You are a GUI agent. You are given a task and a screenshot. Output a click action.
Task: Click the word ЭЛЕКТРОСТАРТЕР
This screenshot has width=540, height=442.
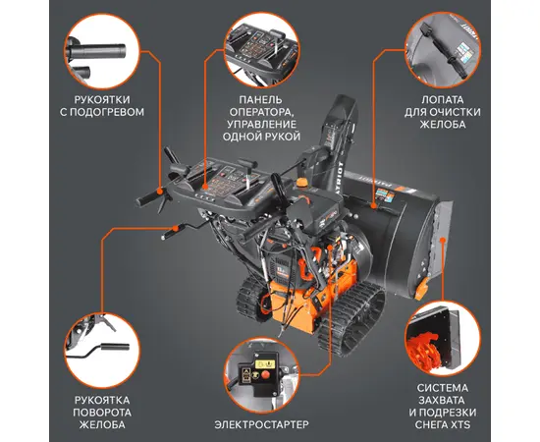coord(262,424)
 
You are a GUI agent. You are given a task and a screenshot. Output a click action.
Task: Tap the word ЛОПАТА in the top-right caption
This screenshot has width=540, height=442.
coord(443,100)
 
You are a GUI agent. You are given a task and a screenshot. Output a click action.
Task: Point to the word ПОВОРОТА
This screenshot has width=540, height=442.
coord(102,413)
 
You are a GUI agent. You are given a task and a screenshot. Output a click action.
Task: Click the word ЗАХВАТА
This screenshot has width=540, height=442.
coord(442,401)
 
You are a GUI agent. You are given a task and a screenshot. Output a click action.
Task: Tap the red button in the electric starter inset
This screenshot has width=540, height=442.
coord(265,375)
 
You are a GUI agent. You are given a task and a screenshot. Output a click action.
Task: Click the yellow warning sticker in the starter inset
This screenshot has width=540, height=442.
coord(265,364)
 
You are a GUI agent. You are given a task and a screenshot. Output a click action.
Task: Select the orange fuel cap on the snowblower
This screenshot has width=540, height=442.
coord(302,183)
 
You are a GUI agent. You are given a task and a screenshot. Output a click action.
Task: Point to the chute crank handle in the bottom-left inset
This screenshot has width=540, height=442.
coord(103,350)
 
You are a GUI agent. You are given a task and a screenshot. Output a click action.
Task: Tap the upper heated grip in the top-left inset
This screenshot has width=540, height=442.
coord(97,51)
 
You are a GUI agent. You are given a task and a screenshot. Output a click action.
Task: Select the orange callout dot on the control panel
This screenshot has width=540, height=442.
coord(205,187)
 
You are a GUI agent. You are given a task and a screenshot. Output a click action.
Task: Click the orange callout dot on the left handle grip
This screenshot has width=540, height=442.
coord(159,192)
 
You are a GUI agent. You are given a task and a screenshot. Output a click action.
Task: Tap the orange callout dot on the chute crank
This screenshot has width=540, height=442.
coord(176,228)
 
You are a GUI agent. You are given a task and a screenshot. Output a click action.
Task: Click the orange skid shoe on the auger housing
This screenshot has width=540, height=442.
coord(421,289)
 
